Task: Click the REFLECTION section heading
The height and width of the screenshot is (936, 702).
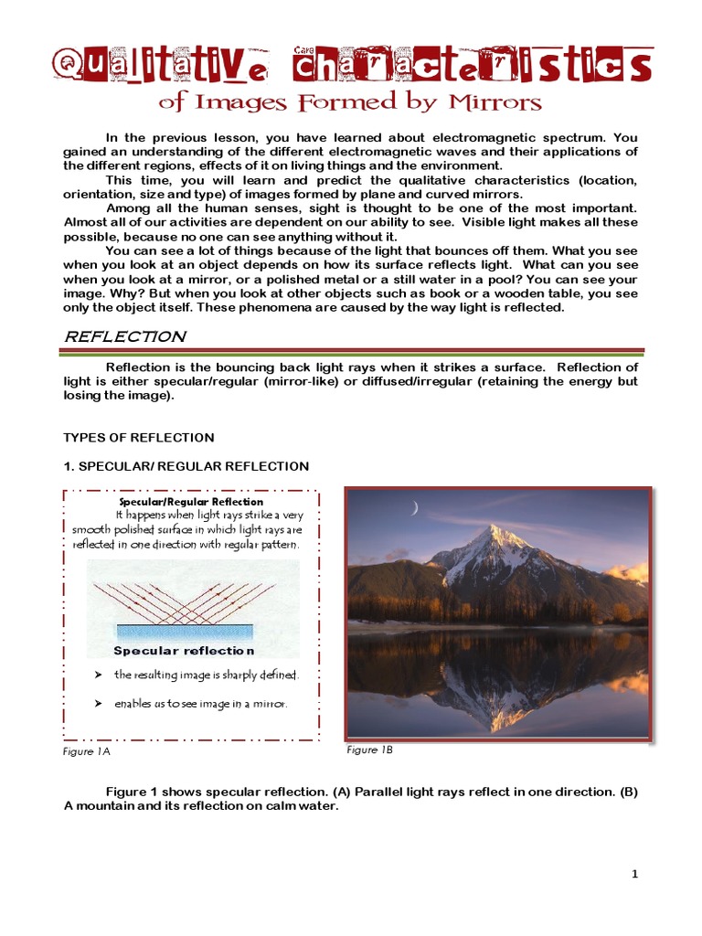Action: (123, 336)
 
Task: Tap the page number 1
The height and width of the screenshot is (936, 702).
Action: (634, 874)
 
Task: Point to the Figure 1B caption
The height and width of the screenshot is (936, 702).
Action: (369, 750)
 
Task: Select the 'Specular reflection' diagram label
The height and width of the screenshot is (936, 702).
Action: (184, 651)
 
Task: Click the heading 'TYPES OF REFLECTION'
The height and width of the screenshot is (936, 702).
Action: (138, 438)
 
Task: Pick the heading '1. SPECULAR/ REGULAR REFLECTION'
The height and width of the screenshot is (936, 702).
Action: (186, 466)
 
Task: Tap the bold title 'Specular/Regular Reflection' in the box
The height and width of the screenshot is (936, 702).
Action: (191, 502)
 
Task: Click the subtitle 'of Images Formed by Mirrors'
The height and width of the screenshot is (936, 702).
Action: (350, 101)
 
